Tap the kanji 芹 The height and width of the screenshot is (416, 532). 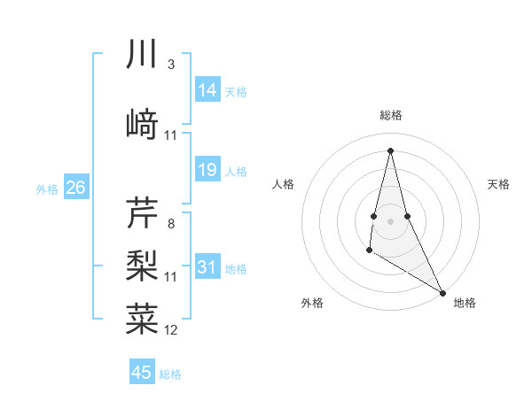point(142,212)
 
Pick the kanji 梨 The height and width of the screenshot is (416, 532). point(142,263)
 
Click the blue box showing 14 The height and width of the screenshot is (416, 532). point(207,89)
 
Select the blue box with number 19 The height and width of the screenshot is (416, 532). point(207,170)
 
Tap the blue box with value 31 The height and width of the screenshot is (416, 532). point(207,267)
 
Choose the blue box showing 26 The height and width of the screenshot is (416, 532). point(75,187)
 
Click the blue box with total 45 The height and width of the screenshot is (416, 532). point(142,373)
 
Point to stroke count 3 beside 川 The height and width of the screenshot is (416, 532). point(170,65)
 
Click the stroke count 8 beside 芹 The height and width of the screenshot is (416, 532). point(170,224)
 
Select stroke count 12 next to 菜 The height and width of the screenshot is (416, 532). point(171,330)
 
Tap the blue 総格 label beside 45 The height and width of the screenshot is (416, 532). point(170,374)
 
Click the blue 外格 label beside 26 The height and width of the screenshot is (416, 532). point(47,189)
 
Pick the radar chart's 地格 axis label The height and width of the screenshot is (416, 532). point(465,303)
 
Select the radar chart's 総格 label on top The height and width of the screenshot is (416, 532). point(391,115)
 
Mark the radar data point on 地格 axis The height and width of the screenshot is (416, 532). point(442,292)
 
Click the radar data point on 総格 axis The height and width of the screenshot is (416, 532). point(390,150)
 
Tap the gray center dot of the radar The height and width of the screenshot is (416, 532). point(390,220)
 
